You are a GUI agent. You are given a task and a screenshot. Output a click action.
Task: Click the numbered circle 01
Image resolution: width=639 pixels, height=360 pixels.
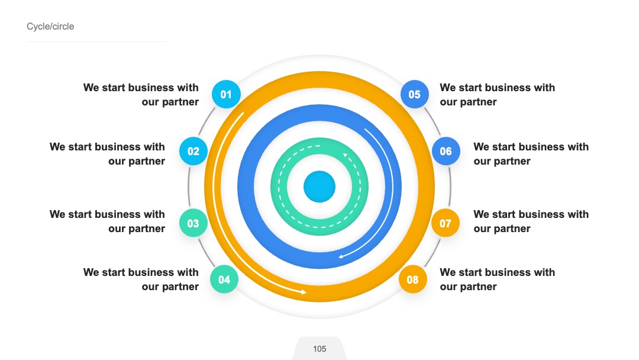pyautogui.click(x=226, y=94)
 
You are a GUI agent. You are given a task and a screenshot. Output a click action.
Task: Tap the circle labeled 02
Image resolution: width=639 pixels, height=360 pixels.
pyautogui.click(x=193, y=151)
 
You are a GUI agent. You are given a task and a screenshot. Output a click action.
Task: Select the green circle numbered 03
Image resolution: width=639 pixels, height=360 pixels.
pyautogui.click(x=193, y=223)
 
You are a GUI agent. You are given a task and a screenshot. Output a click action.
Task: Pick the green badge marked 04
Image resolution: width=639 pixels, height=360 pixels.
pyautogui.click(x=224, y=279)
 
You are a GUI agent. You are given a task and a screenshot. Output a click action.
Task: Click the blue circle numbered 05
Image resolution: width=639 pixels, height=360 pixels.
pyautogui.click(x=414, y=94)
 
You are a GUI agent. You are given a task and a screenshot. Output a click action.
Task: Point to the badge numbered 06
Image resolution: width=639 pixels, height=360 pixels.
pyautogui.click(x=446, y=151)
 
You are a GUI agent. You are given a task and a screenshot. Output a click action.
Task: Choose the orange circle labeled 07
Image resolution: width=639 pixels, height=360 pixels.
pyautogui.click(x=446, y=223)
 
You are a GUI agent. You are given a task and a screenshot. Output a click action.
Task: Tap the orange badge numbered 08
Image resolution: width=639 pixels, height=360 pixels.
pyautogui.click(x=412, y=279)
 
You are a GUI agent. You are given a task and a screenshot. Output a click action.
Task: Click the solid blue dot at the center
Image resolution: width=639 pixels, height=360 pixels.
pyautogui.click(x=319, y=187)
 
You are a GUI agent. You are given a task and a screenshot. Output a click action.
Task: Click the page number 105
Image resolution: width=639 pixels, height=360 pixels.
pyautogui.click(x=319, y=349)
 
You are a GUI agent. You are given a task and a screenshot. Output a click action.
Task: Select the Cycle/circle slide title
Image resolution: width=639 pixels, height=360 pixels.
pyautogui.click(x=50, y=27)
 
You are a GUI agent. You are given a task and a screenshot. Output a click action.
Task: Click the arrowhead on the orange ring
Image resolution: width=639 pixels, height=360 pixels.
pyautogui.click(x=303, y=292)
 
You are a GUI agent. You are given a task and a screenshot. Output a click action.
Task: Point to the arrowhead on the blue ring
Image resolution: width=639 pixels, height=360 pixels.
pyautogui.click(x=341, y=256)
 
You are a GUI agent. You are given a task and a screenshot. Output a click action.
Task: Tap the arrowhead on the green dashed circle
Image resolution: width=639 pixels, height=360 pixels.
pyautogui.click(x=345, y=155)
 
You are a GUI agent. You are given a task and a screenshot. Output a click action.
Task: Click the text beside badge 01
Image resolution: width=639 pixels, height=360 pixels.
pyautogui.click(x=141, y=95)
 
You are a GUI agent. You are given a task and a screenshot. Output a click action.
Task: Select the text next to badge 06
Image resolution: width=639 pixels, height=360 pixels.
pyautogui.click(x=531, y=154)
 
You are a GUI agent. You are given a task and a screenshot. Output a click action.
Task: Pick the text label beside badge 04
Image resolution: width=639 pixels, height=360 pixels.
pyautogui.click(x=141, y=279)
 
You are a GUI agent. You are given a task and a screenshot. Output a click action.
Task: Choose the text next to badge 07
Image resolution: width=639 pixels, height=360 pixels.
pyautogui.click(x=531, y=221)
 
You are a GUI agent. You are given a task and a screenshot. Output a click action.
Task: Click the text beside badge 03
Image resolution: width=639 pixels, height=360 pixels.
pyautogui.click(x=107, y=221)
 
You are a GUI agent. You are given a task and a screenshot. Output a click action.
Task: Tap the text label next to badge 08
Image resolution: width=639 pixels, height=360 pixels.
pyautogui.click(x=497, y=279)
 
